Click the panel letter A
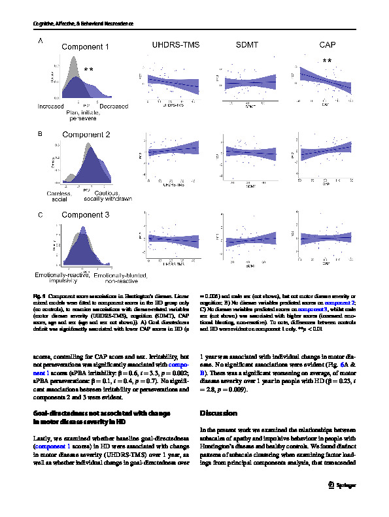[x=41, y=41]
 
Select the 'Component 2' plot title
[x=86, y=135]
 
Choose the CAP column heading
[x=328, y=44]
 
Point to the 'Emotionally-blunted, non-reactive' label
[x=115, y=280]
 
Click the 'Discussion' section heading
[x=218, y=414]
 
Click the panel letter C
[x=41, y=214]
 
